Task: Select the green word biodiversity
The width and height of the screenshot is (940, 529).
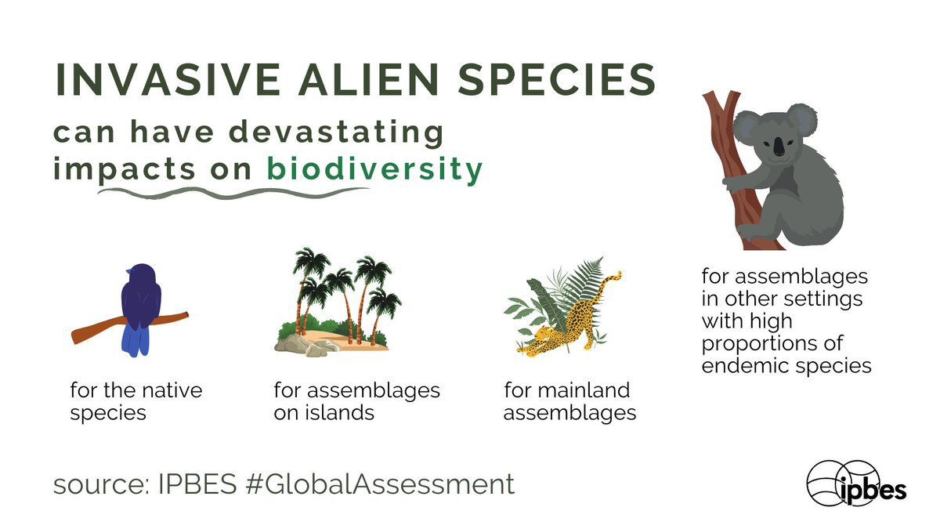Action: [374, 170]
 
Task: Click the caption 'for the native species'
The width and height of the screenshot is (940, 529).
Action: [136, 400]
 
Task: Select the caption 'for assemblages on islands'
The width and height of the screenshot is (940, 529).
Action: [356, 400]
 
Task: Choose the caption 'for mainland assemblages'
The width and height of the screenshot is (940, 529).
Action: [569, 400]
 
